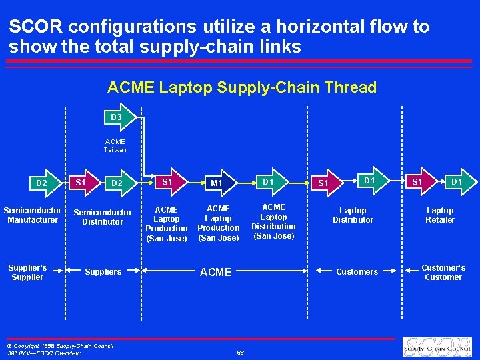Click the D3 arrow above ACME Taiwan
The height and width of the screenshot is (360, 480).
[x=118, y=117]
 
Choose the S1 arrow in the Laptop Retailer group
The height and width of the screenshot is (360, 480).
[x=418, y=181]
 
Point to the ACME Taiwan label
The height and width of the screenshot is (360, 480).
[x=115, y=145]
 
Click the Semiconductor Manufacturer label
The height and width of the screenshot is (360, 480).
[x=32, y=215]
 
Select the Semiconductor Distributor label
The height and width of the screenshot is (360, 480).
[x=103, y=217]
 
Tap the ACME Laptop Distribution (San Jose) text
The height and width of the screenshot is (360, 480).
[x=273, y=221]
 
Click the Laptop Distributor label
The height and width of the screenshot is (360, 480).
[x=353, y=215]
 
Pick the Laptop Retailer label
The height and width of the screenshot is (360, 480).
[x=440, y=215]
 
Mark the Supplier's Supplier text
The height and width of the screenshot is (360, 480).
[x=27, y=272]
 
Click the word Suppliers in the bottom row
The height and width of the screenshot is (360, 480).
[x=103, y=271]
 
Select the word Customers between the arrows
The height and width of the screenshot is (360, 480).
[x=357, y=271]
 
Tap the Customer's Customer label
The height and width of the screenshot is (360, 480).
[x=443, y=272]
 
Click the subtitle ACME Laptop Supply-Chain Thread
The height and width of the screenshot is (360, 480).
[x=241, y=87]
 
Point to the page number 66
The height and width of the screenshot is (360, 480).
[x=240, y=353]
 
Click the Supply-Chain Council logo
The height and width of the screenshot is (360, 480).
[x=437, y=347]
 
